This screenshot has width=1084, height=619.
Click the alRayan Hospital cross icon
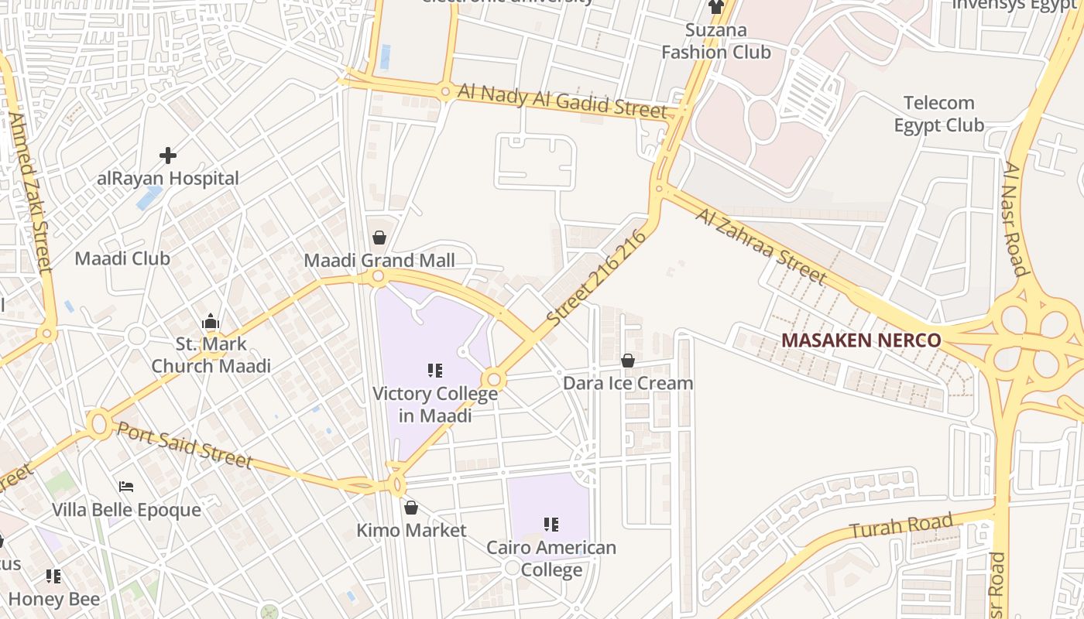tap(167, 156)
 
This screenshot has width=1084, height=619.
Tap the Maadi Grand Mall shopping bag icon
tap(379, 238)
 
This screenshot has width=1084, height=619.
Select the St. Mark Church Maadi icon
tap(211, 321)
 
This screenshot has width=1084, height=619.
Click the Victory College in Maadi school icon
tap(435, 371)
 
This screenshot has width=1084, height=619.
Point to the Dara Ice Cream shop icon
tap(628, 361)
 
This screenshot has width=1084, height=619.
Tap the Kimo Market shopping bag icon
tap(411, 508)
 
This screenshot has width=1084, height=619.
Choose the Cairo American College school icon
tap(551, 525)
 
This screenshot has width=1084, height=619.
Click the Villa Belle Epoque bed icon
tap(126, 487)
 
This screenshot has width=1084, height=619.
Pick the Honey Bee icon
tap(53, 576)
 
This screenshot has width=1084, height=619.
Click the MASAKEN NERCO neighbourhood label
tap(861, 340)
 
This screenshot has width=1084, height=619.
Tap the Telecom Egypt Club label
tap(938, 114)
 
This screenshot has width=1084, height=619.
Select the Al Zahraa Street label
tap(760, 245)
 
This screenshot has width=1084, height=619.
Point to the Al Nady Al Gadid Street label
tap(562, 100)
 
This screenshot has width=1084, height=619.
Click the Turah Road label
tap(901, 526)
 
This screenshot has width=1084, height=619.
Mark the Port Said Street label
tap(184, 444)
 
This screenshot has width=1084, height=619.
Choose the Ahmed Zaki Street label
tap(29, 193)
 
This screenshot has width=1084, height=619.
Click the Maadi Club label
tap(122, 258)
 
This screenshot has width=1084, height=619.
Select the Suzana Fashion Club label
tap(716, 41)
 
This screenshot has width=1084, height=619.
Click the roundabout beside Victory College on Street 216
tap(494, 380)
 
